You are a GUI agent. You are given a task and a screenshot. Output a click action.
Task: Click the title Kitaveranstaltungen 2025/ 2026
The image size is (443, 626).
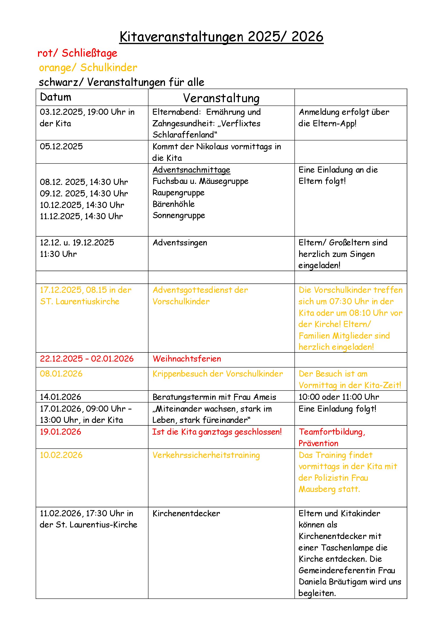coord(221,37)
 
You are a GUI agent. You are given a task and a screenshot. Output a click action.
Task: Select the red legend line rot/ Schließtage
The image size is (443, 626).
coord(77,53)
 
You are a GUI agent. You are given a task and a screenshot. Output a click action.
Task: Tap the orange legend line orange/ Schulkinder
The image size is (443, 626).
coord(88,68)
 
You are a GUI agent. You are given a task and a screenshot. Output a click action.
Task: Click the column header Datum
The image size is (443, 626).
coord(56,97)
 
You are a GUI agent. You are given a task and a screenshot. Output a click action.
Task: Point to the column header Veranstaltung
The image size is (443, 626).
coord(221,98)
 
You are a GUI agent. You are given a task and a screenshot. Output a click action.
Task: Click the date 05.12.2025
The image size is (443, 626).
coord(61,146)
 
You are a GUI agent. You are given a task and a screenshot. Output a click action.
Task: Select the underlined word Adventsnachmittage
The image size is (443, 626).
coord(192,170)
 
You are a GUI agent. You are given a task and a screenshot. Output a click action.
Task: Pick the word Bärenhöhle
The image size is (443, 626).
coord(174,204)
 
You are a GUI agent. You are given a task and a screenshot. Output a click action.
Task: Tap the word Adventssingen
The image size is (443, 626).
coord(180,243)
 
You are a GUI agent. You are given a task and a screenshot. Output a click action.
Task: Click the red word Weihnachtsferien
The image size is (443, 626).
coord(187,359)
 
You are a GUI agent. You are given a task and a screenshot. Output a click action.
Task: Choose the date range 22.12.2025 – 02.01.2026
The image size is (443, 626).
coord(87,359)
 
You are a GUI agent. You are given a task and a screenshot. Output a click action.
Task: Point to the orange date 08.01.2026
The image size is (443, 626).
coord(61,374)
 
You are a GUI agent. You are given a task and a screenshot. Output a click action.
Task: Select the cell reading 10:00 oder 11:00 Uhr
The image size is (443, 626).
coord(339,397)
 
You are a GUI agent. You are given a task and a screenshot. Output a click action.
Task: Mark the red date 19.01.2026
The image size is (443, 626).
coord(61,432)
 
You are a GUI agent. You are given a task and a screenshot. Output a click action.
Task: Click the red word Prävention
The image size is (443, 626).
coord(318,443)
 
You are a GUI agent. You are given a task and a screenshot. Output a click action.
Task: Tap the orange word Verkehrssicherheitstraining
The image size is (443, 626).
coord(206,455)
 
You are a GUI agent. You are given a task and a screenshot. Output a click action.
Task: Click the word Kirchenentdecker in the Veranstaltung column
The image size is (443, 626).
coord(186,513)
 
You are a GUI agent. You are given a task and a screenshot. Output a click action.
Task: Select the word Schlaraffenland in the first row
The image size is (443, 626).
coord(184,135)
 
